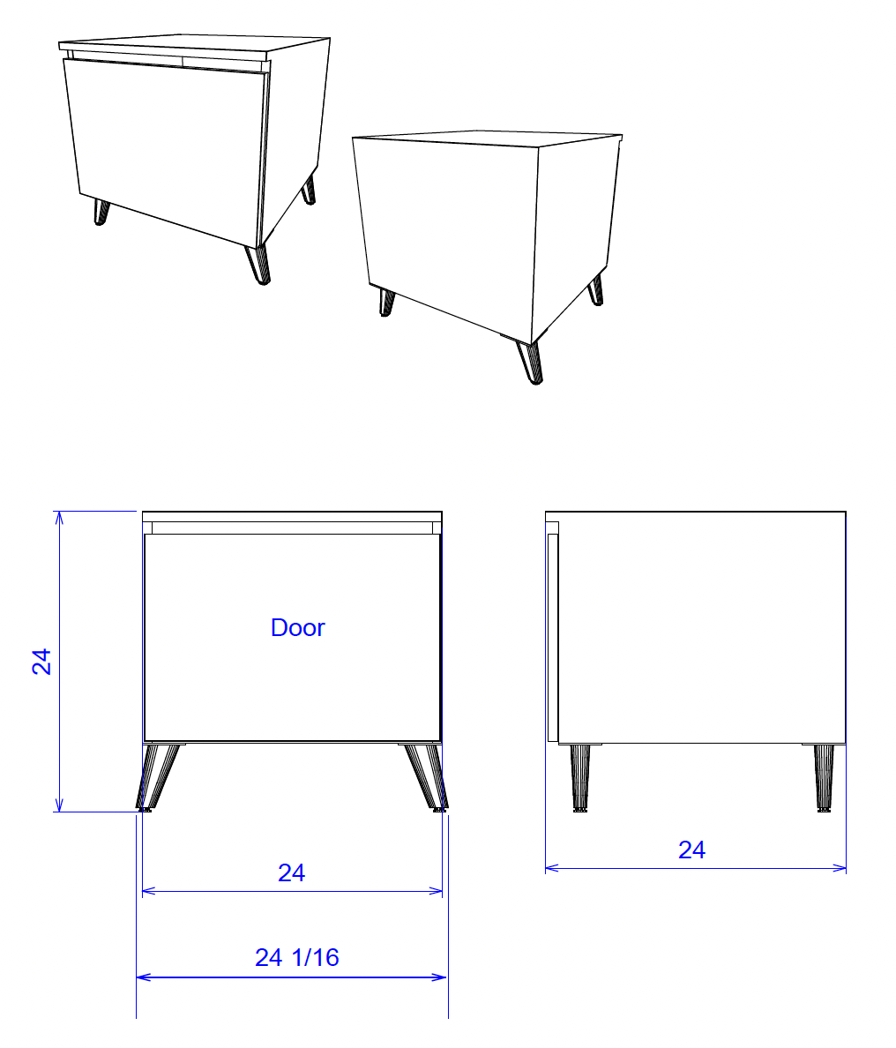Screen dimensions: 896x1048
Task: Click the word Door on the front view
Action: tap(297, 627)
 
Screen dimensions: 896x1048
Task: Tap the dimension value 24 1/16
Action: tap(296, 958)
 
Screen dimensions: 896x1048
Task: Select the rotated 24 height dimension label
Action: tap(41, 661)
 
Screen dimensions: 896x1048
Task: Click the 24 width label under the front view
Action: tap(291, 872)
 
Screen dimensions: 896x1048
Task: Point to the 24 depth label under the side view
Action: tap(691, 850)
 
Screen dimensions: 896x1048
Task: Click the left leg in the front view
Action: tap(157, 776)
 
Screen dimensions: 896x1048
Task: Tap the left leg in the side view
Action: tap(580, 779)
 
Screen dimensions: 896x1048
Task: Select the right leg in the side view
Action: tap(824, 779)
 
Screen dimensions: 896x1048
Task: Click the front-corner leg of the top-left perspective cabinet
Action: tap(258, 265)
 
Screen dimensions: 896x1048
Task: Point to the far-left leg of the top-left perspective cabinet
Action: tap(101, 212)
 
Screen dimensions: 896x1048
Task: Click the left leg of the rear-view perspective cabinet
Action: tap(387, 302)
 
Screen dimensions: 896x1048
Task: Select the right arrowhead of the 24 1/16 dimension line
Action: tap(440, 977)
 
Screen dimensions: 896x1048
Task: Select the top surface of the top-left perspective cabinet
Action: tap(194, 44)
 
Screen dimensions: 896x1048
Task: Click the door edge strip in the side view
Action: tap(553, 638)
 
